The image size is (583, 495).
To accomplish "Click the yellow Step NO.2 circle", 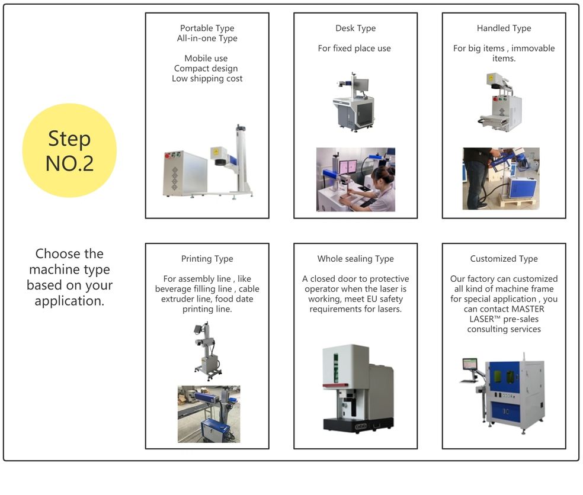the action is click(x=69, y=150).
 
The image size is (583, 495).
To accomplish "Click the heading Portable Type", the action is click(x=207, y=28).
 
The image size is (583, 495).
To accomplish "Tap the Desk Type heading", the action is click(x=355, y=28).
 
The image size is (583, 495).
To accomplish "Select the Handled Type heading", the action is click(x=504, y=28).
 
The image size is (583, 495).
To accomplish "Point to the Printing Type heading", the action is click(x=207, y=259).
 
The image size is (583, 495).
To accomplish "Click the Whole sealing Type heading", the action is click(x=355, y=259).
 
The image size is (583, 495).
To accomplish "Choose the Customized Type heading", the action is click(x=504, y=259).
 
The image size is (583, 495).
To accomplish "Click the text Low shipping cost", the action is click(x=207, y=78).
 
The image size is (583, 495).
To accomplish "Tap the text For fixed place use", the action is click(x=354, y=49).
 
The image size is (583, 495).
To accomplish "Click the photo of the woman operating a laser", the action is click(x=356, y=179).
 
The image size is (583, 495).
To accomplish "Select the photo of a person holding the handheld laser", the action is click(x=501, y=179).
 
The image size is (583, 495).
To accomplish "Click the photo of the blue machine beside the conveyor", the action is click(x=209, y=414).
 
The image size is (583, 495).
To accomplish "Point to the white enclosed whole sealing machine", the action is click(x=358, y=388).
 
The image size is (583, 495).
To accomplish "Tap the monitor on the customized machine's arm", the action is click(x=470, y=364).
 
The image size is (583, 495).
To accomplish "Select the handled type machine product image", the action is click(x=499, y=102).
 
